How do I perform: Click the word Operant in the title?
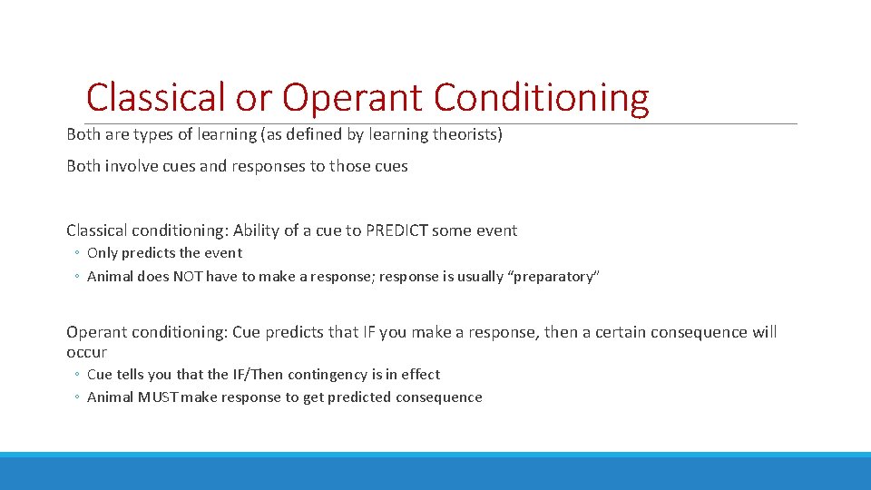click(x=352, y=97)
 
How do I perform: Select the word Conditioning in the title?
click(x=542, y=97)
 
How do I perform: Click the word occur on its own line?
click(x=86, y=352)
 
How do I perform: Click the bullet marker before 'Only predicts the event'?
click(x=78, y=253)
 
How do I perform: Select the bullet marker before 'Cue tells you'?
click(x=78, y=374)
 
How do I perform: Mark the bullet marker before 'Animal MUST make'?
click(x=78, y=397)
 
